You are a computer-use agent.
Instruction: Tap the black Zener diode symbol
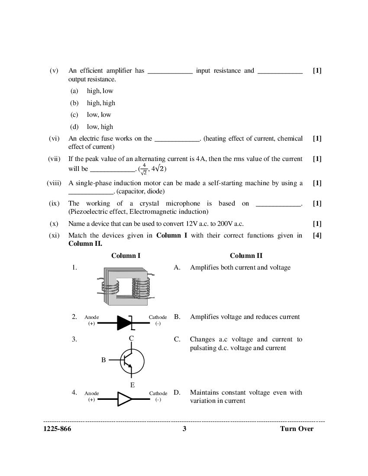click(x=125, y=322)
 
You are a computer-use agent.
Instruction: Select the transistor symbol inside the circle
click(x=132, y=361)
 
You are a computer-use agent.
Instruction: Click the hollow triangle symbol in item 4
click(x=125, y=399)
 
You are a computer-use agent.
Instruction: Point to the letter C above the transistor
click(x=131, y=338)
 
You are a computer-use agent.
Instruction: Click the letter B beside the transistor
click(x=103, y=360)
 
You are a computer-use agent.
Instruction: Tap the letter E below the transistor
click(x=132, y=385)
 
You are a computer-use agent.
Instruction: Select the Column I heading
click(x=126, y=256)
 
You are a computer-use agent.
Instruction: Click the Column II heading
click(x=246, y=256)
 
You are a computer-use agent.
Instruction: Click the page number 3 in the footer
click(x=184, y=429)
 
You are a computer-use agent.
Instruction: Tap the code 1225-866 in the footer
click(x=57, y=429)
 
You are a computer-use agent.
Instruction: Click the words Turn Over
click(x=297, y=429)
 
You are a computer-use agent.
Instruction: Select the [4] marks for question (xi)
click(x=317, y=235)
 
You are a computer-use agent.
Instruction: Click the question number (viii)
click(x=54, y=183)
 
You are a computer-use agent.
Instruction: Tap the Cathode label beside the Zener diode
click(x=158, y=317)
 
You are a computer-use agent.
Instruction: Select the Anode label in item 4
click(x=92, y=393)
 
